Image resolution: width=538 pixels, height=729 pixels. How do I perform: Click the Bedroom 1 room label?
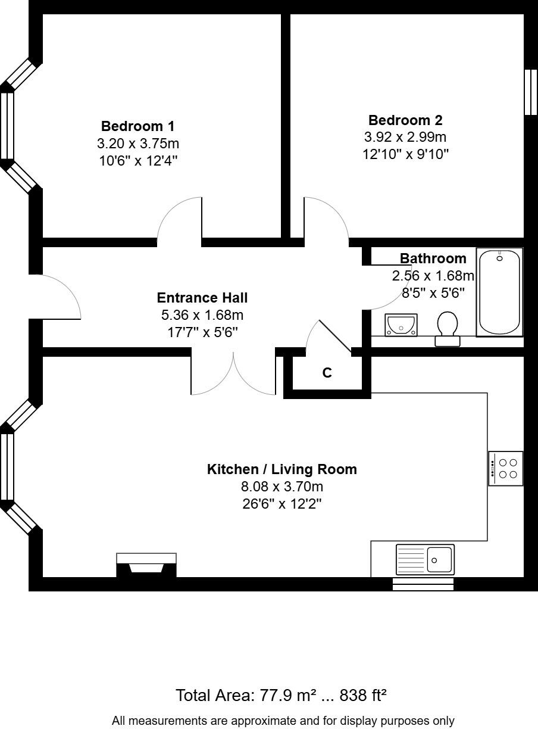138,126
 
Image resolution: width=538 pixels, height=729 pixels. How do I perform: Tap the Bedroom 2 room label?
405,120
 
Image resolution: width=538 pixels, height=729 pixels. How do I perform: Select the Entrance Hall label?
202,298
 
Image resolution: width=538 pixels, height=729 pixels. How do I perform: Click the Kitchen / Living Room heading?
282,469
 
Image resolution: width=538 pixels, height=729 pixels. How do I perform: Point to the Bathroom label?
433,258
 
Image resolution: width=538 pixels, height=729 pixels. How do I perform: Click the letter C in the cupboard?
327,373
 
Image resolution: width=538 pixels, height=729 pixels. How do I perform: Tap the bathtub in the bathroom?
500,292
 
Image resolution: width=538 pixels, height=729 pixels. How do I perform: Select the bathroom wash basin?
401,325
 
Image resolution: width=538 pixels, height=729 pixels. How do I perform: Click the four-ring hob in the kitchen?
506,469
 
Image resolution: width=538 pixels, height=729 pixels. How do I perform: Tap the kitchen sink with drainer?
425,560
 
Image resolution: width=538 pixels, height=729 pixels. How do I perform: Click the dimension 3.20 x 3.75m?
138,144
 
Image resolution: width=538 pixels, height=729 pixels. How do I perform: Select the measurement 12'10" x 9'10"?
405,154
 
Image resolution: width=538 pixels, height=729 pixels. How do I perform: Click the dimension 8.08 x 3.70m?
282,487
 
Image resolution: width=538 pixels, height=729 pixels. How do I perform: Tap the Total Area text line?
282,695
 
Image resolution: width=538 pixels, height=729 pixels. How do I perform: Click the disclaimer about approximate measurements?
283,721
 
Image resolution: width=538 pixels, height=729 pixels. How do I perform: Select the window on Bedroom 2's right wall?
530,92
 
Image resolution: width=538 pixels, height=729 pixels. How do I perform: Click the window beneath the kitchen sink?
423,584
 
